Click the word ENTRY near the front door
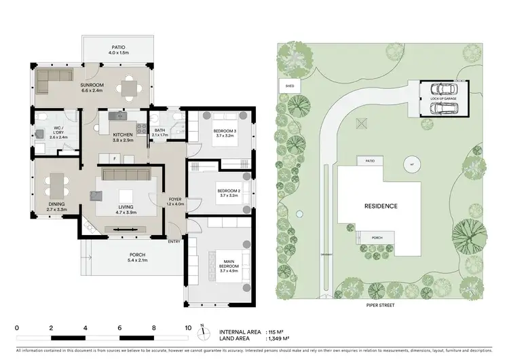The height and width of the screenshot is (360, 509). coord(174,242)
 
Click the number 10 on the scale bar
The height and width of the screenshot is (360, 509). coord(187,327)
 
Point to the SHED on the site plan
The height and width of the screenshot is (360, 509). coord(289,86)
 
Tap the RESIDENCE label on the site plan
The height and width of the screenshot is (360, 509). coord(380,206)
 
